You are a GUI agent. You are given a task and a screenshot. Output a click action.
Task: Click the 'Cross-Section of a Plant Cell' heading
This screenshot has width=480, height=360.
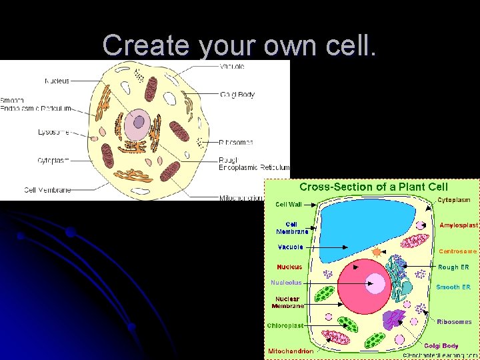(373, 187)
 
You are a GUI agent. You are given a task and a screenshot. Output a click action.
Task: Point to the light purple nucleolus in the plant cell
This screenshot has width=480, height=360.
(377, 285)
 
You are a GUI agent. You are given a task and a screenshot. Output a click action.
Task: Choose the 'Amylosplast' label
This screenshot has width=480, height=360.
(459, 225)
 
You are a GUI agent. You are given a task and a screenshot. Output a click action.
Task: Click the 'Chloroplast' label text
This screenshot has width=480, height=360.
(285, 325)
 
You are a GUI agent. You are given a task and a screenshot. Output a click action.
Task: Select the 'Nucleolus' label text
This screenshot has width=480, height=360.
(286, 283)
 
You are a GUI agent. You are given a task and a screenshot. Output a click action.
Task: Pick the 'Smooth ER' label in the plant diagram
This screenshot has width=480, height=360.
(453, 287)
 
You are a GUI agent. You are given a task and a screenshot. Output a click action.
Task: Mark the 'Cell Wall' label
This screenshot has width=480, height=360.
(289, 205)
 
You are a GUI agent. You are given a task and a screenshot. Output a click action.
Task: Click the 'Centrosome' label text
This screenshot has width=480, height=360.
(458, 251)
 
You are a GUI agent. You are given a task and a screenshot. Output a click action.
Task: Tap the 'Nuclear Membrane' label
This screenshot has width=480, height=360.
(287, 302)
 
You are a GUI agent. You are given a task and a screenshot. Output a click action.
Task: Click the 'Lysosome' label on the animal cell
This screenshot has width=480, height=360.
(54, 132)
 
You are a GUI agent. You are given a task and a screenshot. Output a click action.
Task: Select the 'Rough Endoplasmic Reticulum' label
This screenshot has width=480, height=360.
(254, 163)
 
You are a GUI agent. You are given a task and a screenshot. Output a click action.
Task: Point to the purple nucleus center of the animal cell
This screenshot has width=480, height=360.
(139, 122)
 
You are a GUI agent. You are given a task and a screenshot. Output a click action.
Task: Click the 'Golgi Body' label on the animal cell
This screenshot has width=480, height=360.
(237, 95)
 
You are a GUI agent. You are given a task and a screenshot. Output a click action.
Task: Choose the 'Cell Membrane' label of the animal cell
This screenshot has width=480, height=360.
(47, 190)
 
